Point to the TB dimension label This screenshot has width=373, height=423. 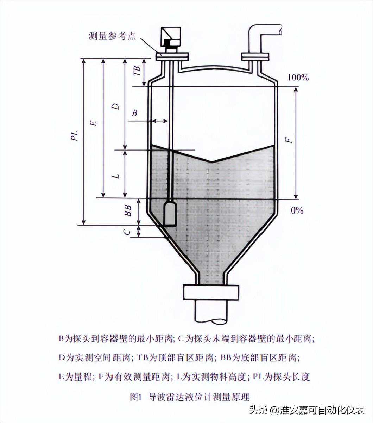pos(137,71)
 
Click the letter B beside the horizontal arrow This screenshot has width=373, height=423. pos(135,113)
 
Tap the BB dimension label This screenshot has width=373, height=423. pos(128,210)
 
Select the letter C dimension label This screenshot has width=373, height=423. pos(127,232)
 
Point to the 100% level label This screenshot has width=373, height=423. pos(298,78)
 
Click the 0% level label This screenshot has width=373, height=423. pos(297,211)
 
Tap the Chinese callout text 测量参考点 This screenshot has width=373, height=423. pos(112,36)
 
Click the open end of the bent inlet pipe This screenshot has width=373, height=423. pos(280,30)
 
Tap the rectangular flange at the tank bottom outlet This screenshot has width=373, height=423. pos(211,292)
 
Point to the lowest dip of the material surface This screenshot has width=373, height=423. pos(211,162)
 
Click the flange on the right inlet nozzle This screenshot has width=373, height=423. pos(255,57)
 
